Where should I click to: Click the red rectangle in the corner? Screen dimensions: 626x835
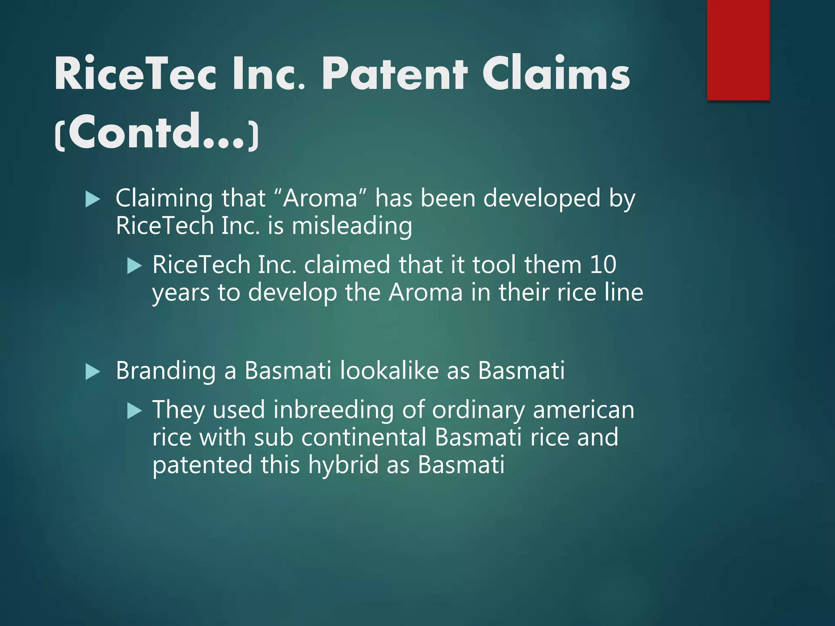(738, 50)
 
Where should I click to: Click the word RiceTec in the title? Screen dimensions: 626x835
(135, 74)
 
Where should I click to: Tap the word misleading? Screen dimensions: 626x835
(351, 226)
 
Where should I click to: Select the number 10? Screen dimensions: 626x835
(603, 265)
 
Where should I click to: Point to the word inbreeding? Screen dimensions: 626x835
(333, 410)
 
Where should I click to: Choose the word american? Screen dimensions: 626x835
(583, 410)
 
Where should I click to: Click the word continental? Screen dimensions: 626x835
(364, 437)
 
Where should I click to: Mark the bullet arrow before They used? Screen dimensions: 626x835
(134, 411)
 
